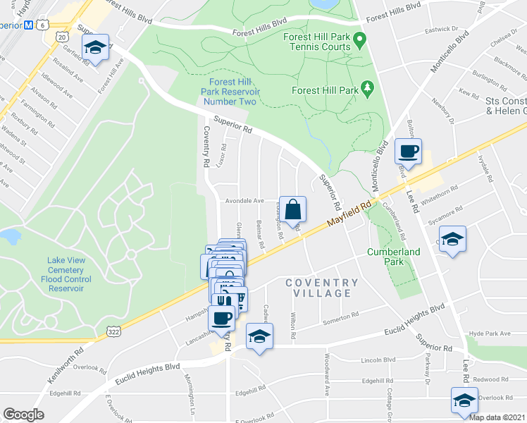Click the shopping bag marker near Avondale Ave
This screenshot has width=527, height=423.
tap(294, 209)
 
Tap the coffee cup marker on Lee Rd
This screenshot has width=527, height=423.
tap(409, 151)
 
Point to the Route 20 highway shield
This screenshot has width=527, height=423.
tap(62, 36)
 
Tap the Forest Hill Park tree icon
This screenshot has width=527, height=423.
tap(366, 88)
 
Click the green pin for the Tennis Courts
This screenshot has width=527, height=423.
tap(360, 39)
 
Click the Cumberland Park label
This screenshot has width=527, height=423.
tap(393, 257)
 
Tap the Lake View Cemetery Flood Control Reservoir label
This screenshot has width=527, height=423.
tap(66, 274)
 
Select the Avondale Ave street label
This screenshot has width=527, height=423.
tap(244, 201)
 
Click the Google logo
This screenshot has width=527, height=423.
tap(23, 415)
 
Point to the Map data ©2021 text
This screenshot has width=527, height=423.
tap(497, 417)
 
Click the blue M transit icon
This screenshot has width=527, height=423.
tap(29, 25)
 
